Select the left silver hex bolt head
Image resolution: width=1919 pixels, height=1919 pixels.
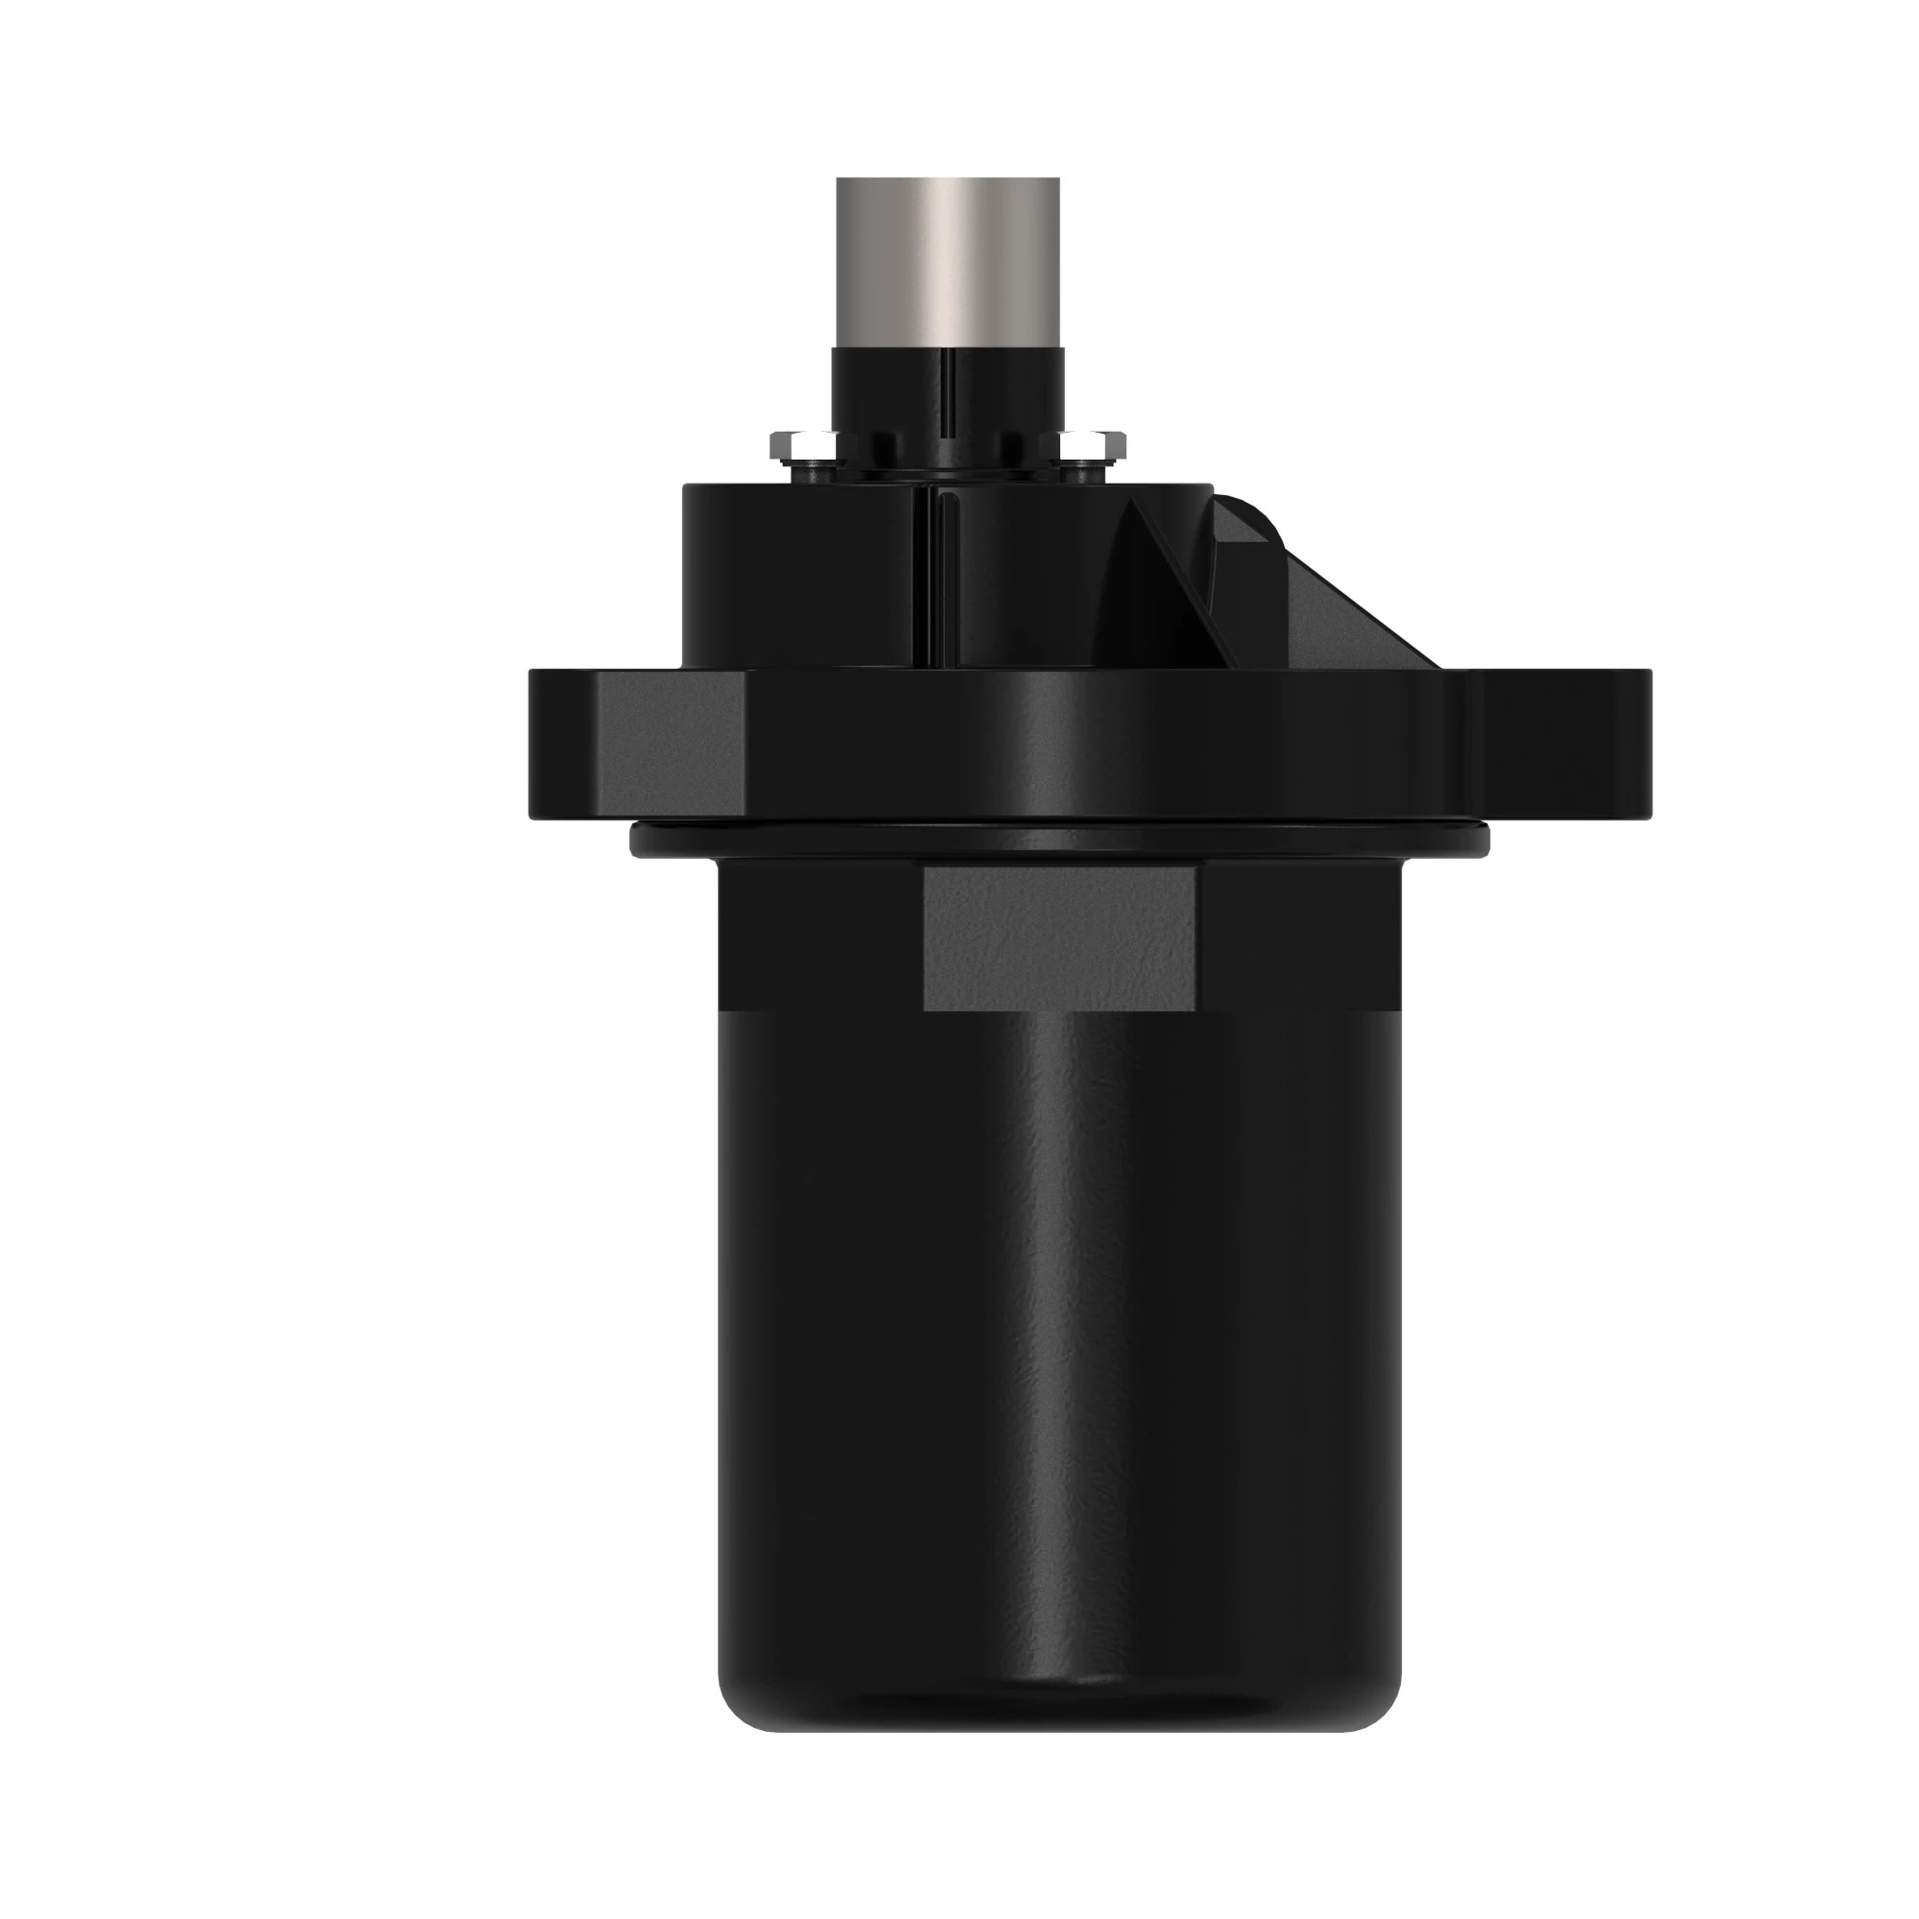click(x=801, y=440)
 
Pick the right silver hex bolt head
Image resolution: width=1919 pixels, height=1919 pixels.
click(x=1090, y=440)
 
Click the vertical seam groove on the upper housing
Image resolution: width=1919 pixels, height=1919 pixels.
click(x=934, y=576)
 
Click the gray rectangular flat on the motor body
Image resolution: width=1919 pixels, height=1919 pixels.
click(x=1059, y=937)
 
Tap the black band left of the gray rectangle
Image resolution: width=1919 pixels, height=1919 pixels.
click(x=819, y=937)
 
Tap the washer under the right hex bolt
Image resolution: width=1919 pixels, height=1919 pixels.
click(x=1088, y=459)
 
